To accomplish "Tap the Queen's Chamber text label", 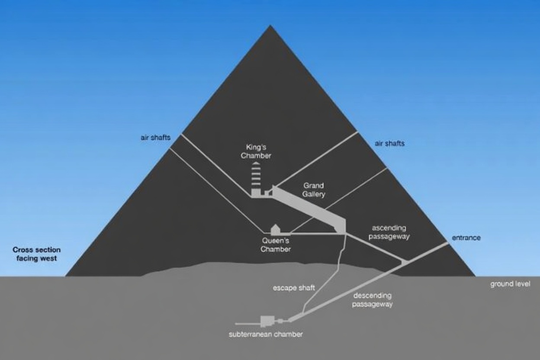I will click(x=275, y=245).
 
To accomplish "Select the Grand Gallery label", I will click(x=314, y=190).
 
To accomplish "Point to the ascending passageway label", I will click(x=390, y=232).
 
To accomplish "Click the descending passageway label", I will click(x=373, y=300).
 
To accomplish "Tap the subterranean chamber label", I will click(x=266, y=334).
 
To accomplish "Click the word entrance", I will click(x=466, y=238).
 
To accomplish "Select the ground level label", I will click(x=510, y=284).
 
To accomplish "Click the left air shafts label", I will click(x=155, y=138).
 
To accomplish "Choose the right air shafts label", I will click(x=390, y=143).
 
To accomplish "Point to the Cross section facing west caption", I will click(x=36, y=254).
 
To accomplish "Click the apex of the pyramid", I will click(x=270, y=26).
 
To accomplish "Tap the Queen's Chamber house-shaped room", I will click(x=274, y=229).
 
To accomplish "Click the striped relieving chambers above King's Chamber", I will click(x=256, y=175).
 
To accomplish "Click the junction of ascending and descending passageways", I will click(x=403, y=261).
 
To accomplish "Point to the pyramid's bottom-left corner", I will click(x=66, y=275).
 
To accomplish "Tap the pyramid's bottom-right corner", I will click(x=475, y=275).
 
